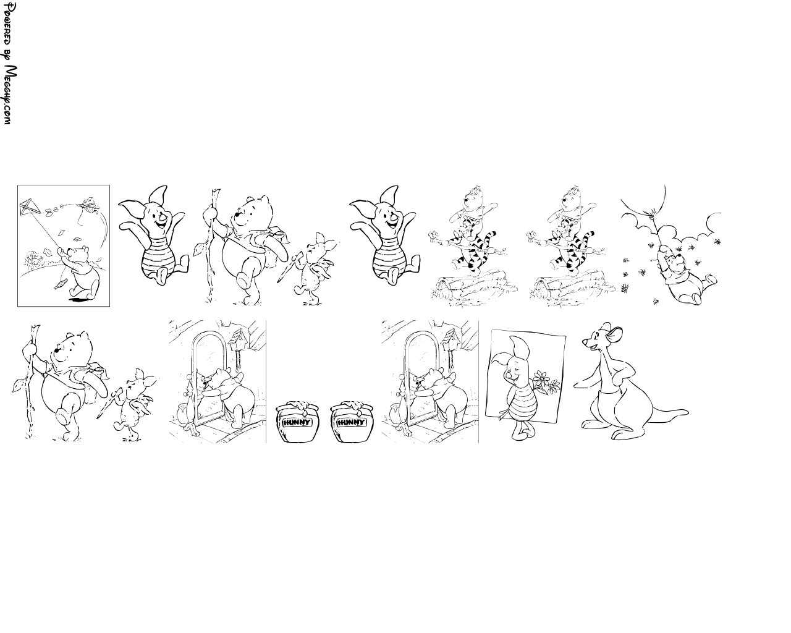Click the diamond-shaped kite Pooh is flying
coord(28,208)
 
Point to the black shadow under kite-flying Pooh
coord(78,300)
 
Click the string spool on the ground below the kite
coord(61,284)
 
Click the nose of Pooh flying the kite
coord(70,252)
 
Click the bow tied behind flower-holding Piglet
coord(504,415)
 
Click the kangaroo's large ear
coord(614,334)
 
